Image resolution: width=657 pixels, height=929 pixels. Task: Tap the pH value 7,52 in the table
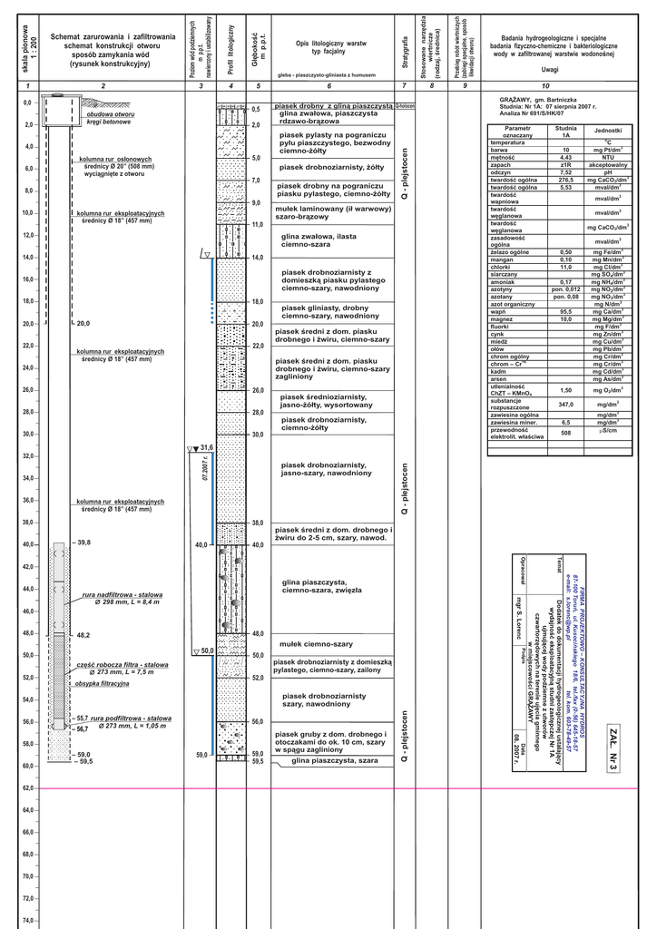click(565, 171)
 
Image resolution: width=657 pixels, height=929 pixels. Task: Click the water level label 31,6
click(205, 448)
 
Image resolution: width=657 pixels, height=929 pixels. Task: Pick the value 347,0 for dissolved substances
click(565, 404)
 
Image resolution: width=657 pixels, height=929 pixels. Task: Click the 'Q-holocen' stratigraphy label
click(404, 106)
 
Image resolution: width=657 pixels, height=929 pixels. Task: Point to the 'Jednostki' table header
click(608, 132)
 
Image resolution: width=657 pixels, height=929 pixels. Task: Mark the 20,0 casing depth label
click(83, 324)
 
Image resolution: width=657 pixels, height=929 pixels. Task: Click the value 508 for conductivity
click(565, 433)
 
